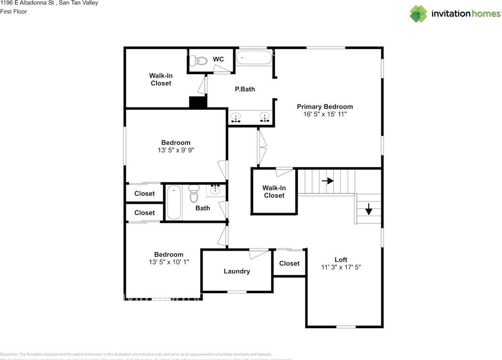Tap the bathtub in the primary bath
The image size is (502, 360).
click(x=254, y=58)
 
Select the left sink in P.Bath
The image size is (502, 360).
click(x=236, y=117)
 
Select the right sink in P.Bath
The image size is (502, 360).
click(x=265, y=117)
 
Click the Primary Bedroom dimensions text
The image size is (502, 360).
click(x=325, y=114)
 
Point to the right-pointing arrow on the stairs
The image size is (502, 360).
click(x=328, y=181)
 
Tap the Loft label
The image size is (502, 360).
click(x=341, y=260)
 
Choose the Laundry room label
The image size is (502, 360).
click(x=237, y=271)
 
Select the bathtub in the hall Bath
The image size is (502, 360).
click(x=174, y=203)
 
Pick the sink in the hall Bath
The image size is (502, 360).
click(x=215, y=190)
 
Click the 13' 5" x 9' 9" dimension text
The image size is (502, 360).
click(x=176, y=150)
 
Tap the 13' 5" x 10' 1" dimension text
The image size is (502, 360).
click(x=169, y=262)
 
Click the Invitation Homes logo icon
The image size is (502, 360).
click(x=418, y=14)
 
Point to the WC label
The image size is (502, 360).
click(x=218, y=59)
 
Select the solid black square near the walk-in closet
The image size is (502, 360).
click(x=198, y=102)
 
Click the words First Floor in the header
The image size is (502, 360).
click(x=14, y=11)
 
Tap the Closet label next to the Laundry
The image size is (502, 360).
click(x=289, y=264)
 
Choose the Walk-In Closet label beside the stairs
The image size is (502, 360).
click(x=274, y=191)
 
